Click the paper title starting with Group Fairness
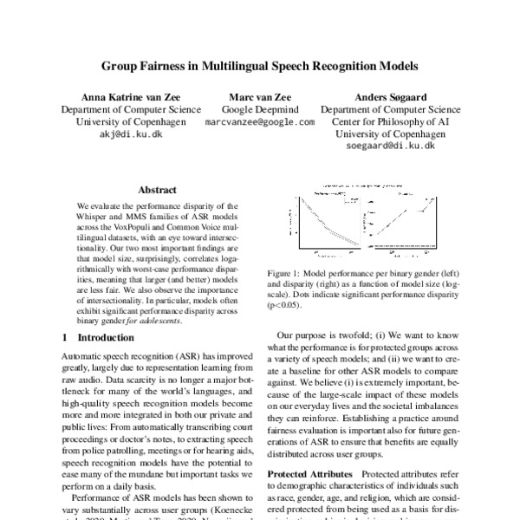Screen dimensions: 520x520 [x=260, y=65]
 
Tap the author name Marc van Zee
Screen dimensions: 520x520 [x=259, y=97]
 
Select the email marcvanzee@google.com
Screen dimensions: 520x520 [x=259, y=123]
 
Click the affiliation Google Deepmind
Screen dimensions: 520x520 [x=259, y=110]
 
